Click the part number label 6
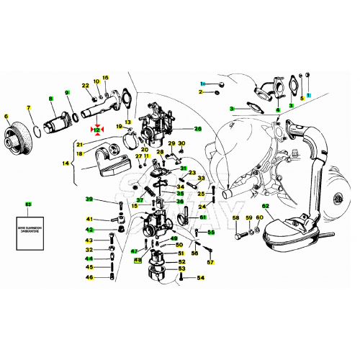(6, 117)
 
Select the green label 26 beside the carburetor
(197, 130)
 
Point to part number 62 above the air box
(266, 207)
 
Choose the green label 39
(89, 199)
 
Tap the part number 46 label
(89, 277)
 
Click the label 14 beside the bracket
(66, 164)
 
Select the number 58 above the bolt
(235, 218)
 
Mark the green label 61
(203, 217)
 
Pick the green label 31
(184, 169)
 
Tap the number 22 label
(85, 86)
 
